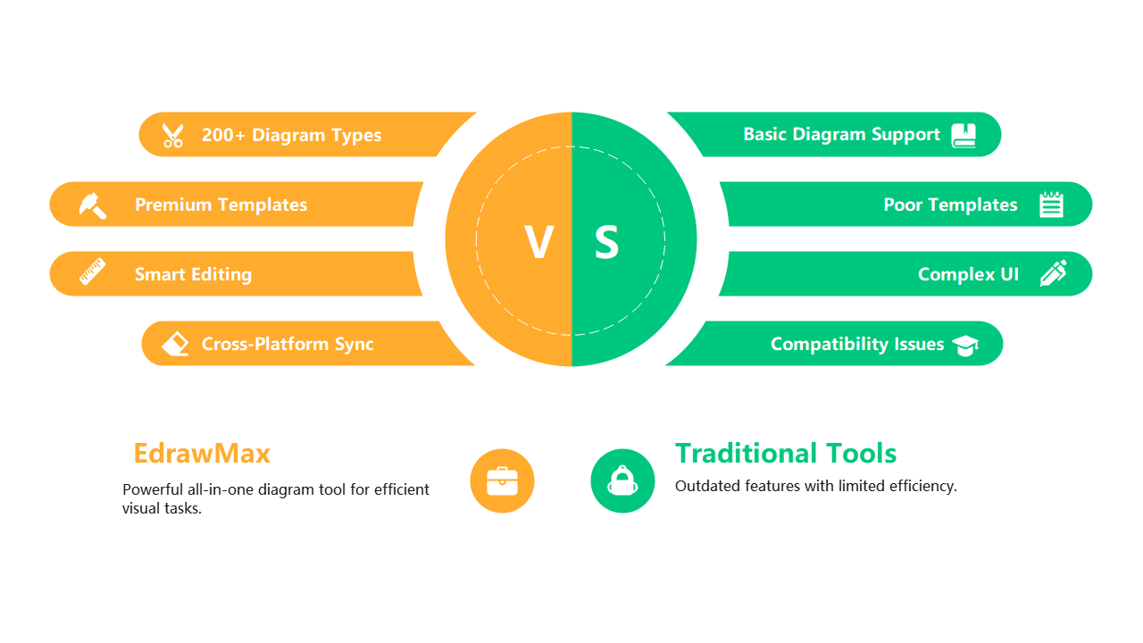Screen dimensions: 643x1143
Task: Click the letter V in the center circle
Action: [x=538, y=242]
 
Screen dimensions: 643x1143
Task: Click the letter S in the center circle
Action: [x=606, y=242]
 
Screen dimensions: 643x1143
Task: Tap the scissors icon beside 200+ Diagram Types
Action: [x=172, y=135]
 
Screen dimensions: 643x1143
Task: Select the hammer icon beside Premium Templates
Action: [x=92, y=205]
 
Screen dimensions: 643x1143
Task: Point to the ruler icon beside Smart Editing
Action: [x=92, y=271]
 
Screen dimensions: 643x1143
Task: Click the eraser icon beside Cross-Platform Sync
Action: [x=176, y=344]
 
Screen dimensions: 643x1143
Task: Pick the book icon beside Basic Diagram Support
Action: [x=964, y=135]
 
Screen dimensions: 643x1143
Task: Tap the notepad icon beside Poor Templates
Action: [x=1052, y=205]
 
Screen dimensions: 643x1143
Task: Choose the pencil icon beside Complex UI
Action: [x=1053, y=273]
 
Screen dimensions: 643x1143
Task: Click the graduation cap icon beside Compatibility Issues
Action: [x=965, y=345]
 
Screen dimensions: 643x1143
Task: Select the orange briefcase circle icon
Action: [x=502, y=480]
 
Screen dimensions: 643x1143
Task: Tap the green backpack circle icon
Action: [x=622, y=480]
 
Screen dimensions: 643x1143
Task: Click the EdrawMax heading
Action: [x=202, y=454]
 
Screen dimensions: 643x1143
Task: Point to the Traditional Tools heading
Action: [x=786, y=454]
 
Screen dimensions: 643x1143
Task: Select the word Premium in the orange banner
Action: [x=173, y=205]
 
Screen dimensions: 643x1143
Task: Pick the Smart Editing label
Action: [x=193, y=274]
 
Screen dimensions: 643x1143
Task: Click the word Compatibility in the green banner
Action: [x=817, y=344]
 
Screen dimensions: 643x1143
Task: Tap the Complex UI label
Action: [x=968, y=274]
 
